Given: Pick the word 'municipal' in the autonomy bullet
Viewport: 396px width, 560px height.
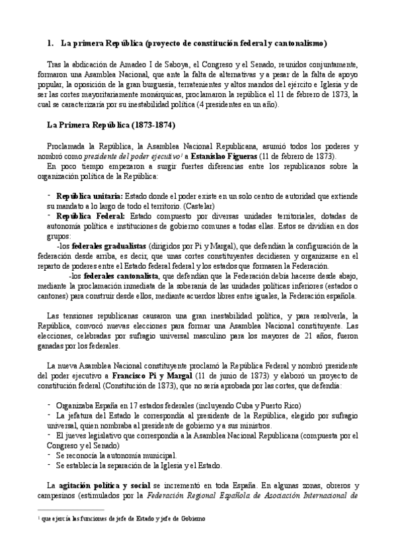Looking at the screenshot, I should [x=157, y=455].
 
